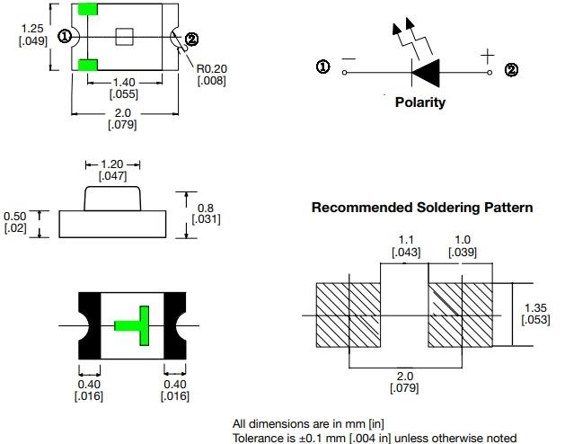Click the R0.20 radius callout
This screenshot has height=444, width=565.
pyautogui.click(x=212, y=68)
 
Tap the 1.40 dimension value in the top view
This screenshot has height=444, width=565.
pyautogui.click(x=123, y=82)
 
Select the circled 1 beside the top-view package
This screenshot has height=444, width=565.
pyautogui.click(x=65, y=36)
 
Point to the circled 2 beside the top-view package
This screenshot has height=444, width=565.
pyautogui.click(x=190, y=39)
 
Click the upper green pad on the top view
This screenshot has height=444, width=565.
pyautogui.click(x=88, y=9)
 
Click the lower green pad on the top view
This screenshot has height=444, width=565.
pyautogui.click(x=88, y=65)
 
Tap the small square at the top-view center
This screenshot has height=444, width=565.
pyautogui.click(x=126, y=36)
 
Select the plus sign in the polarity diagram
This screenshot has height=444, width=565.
pyautogui.click(x=487, y=57)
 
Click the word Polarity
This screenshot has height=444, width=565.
pyautogui.click(x=419, y=102)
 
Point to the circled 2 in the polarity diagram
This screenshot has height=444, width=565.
pyautogui.click(x=511, y=70)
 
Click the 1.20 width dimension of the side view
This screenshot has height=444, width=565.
pyautogui.click(x=112, y=164)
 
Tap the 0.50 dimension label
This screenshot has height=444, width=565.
pyautogui.click(x=15, y=216)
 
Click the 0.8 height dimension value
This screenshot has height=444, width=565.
pyautogui.click(x=205, y=209)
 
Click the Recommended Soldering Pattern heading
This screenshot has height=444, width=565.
pyautogui.click(x=421, y=208)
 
